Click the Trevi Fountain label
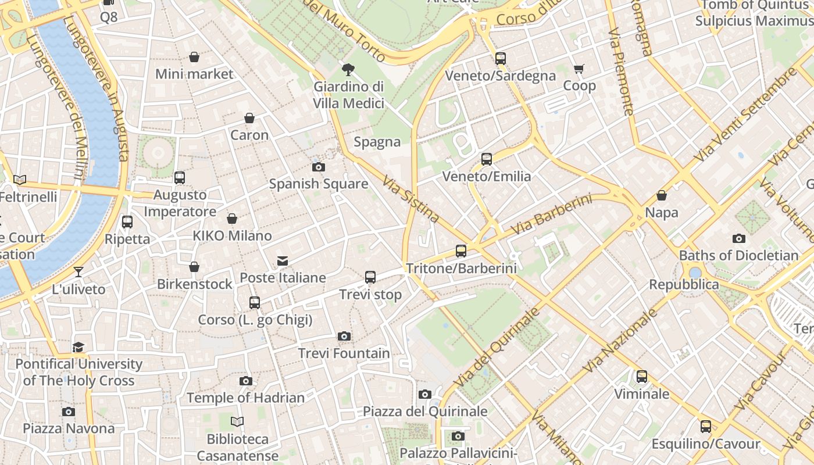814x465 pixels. [x=344, y=353]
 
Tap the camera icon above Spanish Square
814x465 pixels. [x=318, y=167]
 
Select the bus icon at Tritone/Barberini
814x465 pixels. [x=460, y=251]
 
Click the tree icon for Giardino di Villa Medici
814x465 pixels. [x=348, y=70]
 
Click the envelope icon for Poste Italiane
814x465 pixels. [x=283, y=261]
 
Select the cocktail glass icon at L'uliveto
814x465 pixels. [x=78, y=271]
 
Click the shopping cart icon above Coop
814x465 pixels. [x=579, y=69]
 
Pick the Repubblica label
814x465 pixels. [x=684, y=285]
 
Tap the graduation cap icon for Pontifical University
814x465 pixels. [x=78, y=347]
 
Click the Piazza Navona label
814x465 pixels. [x=69, y=428]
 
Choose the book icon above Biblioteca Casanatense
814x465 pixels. [x=237, y=421]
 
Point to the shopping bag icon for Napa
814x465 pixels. [x=661, y=195]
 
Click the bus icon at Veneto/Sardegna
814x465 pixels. [x=500, y=59]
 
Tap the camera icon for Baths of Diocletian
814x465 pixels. [x=738, y=238]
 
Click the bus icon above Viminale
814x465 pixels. [x=641, y=377]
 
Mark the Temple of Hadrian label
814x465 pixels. [x=245, y=398]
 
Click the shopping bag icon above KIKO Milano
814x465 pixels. [x=232, y=219]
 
